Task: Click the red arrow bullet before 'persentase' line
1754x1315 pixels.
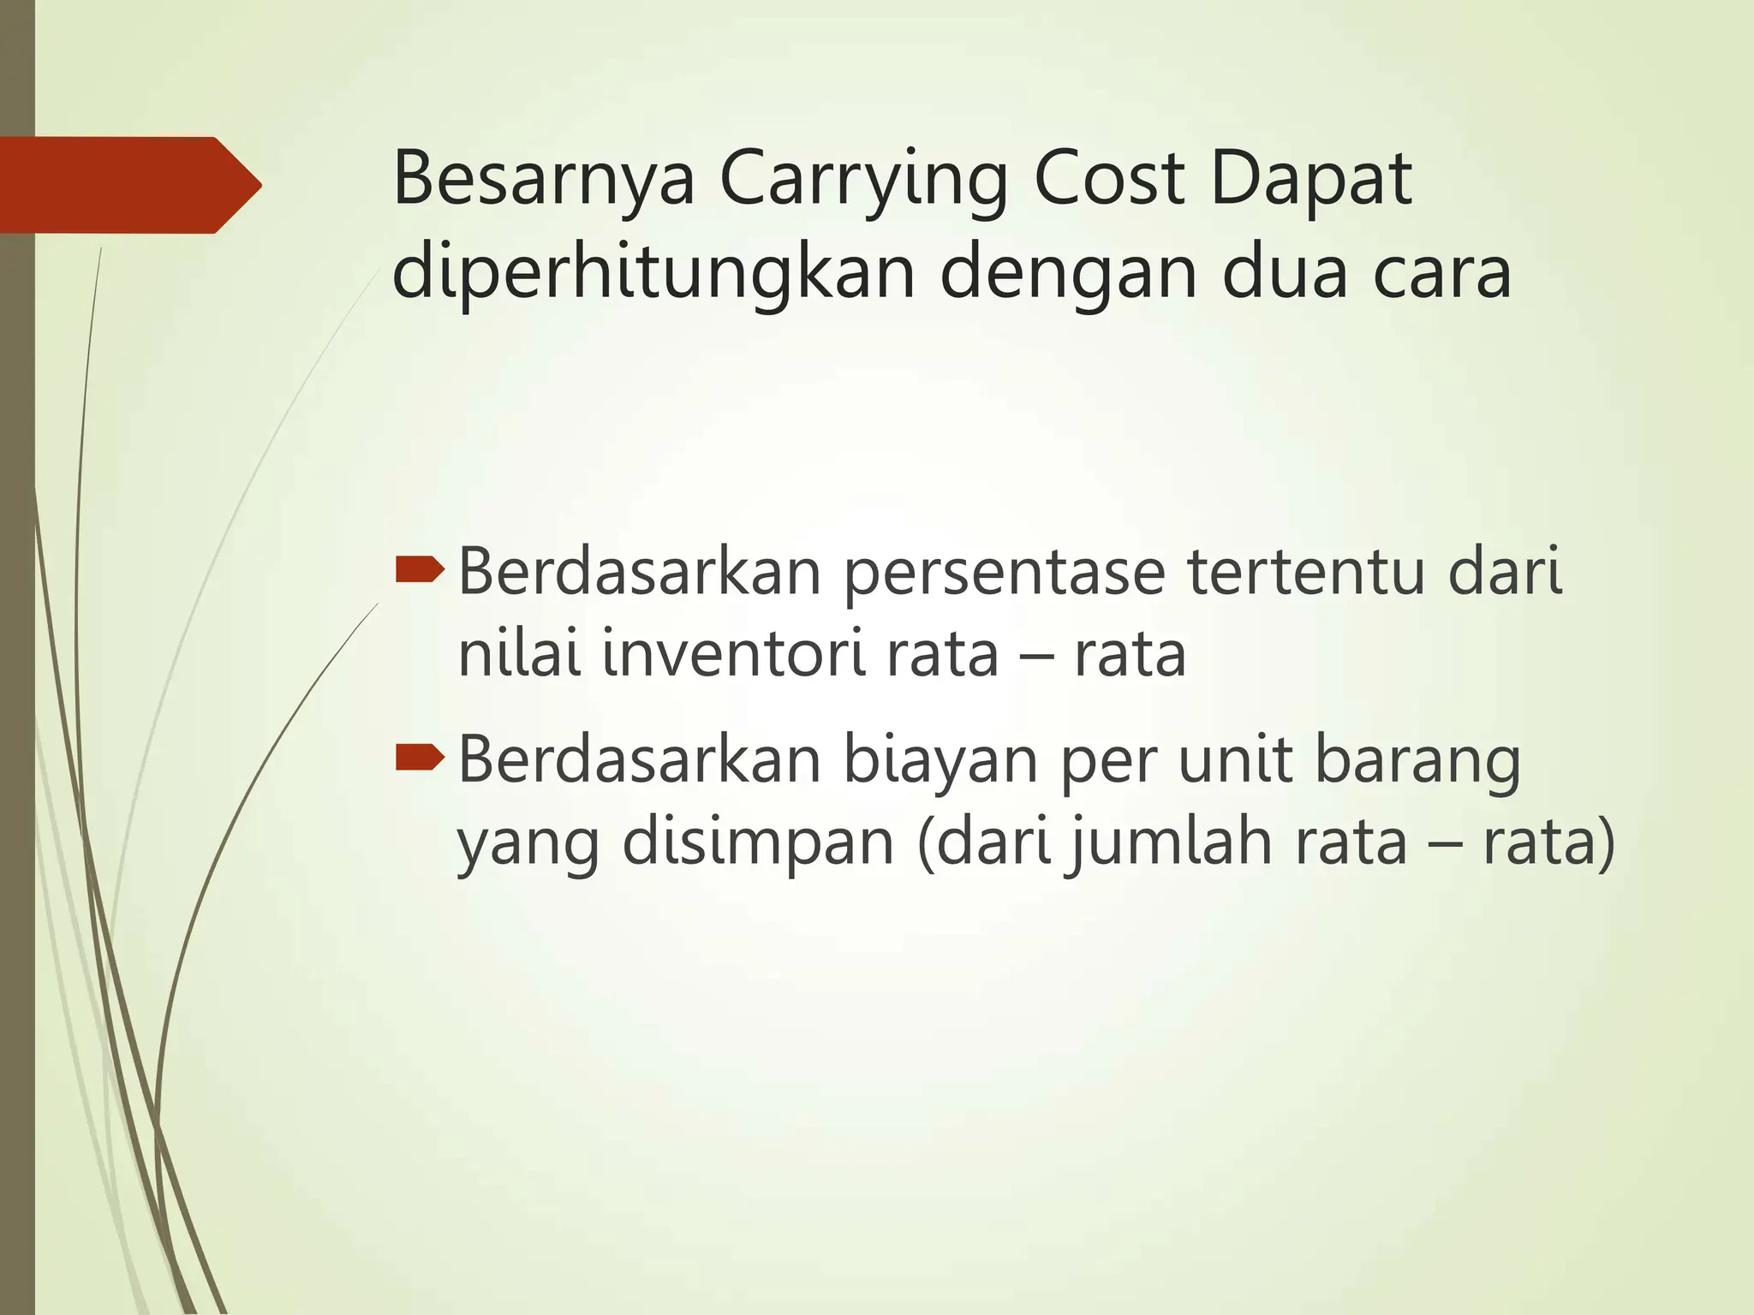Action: coord(420,568)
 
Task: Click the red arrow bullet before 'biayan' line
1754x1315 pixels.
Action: coord(420,755)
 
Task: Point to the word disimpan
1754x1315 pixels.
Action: coord(758,842)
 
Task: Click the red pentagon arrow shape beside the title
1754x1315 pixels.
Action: coord(128,185)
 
